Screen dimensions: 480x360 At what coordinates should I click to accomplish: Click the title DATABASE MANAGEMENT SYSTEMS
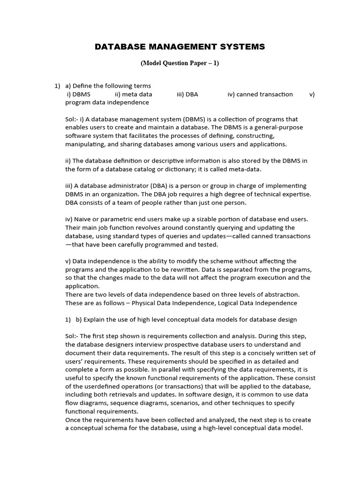click(x=180, y=47)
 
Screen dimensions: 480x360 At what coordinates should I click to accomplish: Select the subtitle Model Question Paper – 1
click(x=180, y=64)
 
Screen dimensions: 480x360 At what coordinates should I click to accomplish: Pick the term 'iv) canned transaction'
click(x=260, y=94)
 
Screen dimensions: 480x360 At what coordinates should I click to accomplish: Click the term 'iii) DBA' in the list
click(x=187, y=94)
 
